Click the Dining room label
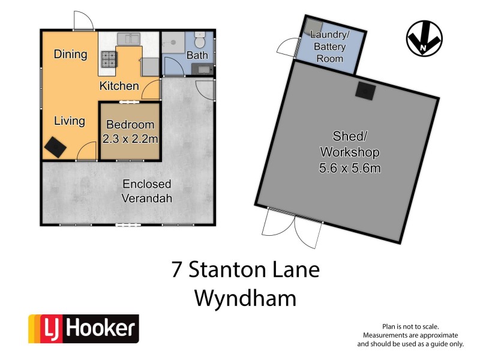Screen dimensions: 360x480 pyautogui.click(x=70, y=55)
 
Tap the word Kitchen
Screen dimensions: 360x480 pyautogui.click(x=119, y=86)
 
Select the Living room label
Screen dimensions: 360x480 pyautogui.click(x=70, y=121)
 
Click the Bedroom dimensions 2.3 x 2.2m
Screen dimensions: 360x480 pyautogui.click(x=130, y=139)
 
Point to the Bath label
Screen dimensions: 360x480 pyautogui.click(x=197, y=56)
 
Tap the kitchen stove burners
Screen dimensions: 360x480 pyautogui.click(x=109, y=58)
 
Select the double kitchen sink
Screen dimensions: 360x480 pyautogui.click(x=129, y=40)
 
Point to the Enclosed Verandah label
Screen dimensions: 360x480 pyautogui.click(x=147, y=191)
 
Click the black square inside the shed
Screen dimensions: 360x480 pyautogui.click(x=365, y=90)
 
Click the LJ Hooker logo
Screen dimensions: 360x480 pyautogui.click(x=83, y=329)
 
